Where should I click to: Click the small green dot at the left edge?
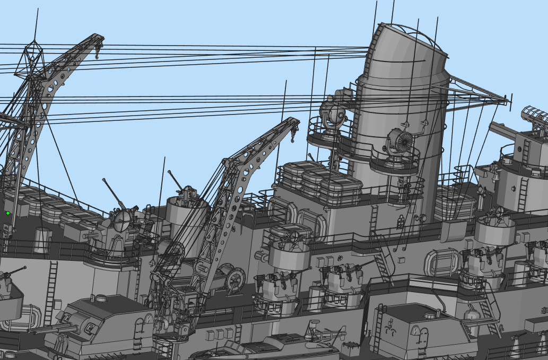point(8,213)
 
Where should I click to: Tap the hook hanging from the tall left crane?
point(97,51)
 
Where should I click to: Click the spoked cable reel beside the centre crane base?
point(235,279)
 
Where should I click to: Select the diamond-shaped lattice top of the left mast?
point(32,58)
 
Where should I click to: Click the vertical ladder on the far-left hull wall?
point(52,292)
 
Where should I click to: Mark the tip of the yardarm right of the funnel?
point(506,99)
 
